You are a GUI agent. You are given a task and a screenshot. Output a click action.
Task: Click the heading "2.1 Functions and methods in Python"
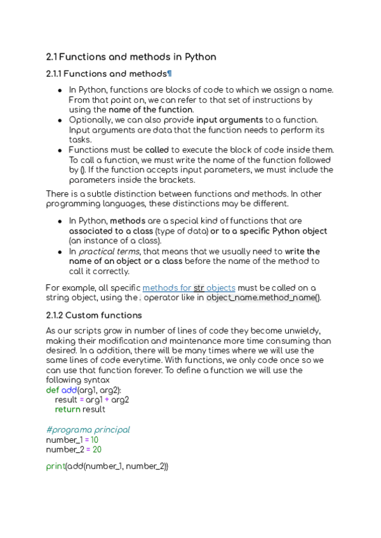click(131, 57)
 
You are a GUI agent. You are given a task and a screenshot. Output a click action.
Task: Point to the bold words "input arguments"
click(229, 120)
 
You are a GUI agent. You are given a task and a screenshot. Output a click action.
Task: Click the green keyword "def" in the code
click(53, 390)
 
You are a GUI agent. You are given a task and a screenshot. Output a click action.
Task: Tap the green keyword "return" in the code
click(67, 410)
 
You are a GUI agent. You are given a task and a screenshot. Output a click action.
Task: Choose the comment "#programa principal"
click(88, 430)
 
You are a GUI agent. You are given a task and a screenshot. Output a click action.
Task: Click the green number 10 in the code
click(94, 440)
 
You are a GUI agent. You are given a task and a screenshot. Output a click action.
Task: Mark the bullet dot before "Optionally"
click(60, 120)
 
